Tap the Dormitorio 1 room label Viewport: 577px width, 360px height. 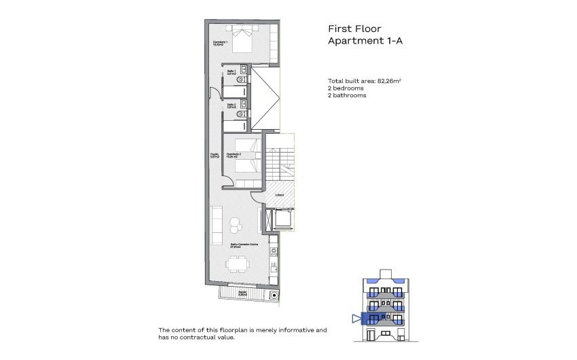[219, 44]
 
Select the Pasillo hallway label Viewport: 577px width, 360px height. [214, 156]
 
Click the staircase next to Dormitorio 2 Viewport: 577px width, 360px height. [279, 162]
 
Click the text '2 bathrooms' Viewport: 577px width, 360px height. [347, 96]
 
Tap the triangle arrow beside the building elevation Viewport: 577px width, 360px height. [356, 317]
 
